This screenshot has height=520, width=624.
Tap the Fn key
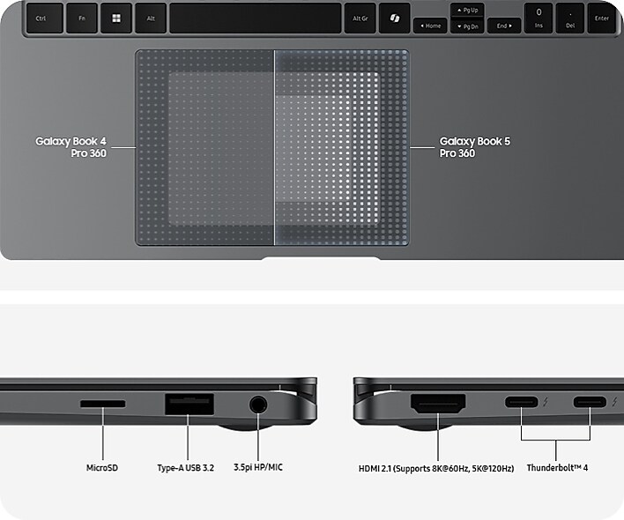point(82,19)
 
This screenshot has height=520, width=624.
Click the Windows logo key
point(115,19)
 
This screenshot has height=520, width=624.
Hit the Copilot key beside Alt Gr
point(394,19)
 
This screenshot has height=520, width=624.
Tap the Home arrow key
point(430,26)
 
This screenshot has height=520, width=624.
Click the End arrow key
point(504,26)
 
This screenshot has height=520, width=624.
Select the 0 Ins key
point(539,19)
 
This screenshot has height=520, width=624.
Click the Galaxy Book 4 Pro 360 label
point(71,147)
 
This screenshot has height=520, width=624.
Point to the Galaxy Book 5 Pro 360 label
point(475,147)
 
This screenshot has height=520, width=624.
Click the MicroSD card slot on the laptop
point(102,404)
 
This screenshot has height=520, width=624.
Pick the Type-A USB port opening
point(189,405)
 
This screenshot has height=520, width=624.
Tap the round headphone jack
point(258,405)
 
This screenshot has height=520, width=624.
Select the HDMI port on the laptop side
point(438,404)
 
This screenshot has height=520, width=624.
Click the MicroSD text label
point(102,468)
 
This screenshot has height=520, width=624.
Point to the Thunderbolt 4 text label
point(557,468)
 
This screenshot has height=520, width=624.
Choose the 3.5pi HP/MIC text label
point(258,467)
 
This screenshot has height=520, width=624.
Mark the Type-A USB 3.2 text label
point(185,468)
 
